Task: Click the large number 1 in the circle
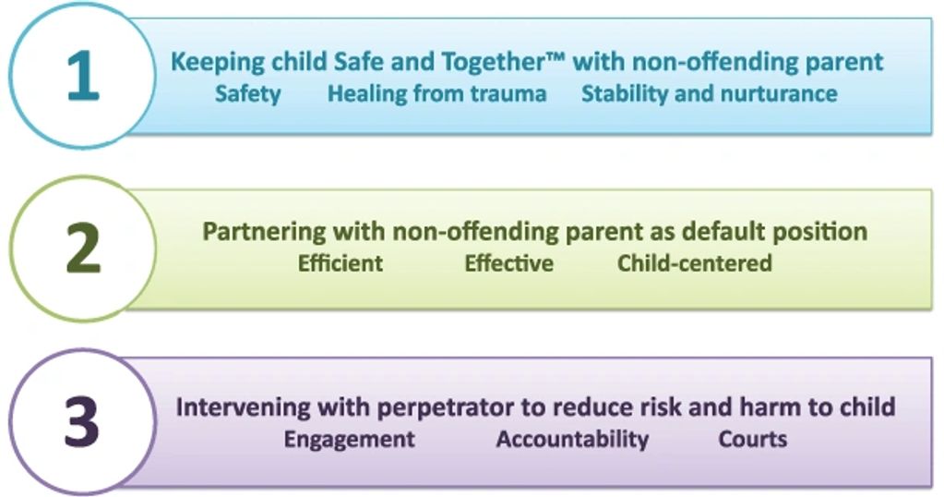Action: pos(83,76)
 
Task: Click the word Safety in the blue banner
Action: pos(248,94)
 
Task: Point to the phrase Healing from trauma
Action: pos(437,93)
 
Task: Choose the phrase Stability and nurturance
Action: pos(710,93)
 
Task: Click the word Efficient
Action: pos(341,263)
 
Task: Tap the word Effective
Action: pos(508,263)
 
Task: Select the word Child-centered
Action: pos(695,263)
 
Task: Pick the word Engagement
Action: pos(349,440)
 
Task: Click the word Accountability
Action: pos(572,440)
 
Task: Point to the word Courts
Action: pos(753,439)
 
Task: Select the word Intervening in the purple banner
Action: pos(244,407)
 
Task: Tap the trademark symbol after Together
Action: pos(556,55)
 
